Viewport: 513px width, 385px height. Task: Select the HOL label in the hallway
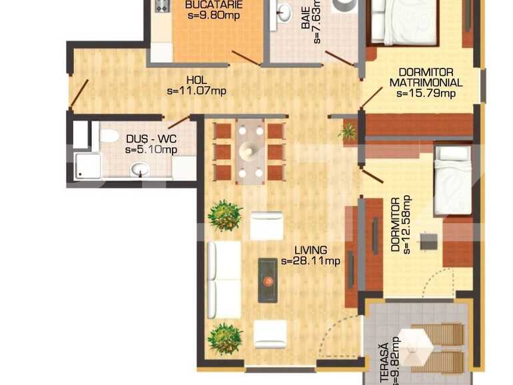197,78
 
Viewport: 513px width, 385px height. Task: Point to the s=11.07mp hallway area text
197,89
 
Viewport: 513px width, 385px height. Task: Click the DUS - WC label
151,139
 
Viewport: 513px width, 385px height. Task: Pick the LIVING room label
310,250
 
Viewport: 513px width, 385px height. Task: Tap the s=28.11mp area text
310,261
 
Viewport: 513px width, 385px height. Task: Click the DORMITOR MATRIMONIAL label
426,77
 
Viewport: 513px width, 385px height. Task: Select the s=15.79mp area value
426,93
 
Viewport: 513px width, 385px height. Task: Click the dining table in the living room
251,151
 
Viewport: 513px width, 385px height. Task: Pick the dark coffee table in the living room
268,280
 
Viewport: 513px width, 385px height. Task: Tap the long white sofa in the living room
224,280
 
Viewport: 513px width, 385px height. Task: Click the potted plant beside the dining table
347,131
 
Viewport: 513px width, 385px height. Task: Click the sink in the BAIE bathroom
284,11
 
